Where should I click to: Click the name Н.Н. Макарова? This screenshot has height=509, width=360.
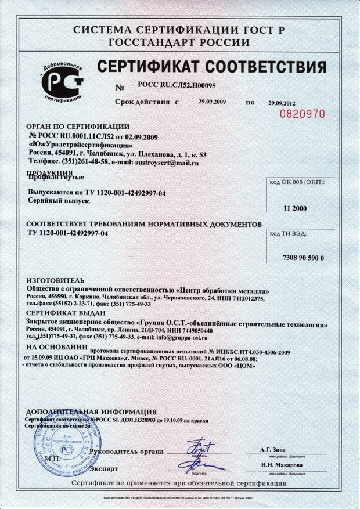[x=281, y=465]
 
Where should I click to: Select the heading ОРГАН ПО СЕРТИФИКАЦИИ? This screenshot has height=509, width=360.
[x=79, y=127]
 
